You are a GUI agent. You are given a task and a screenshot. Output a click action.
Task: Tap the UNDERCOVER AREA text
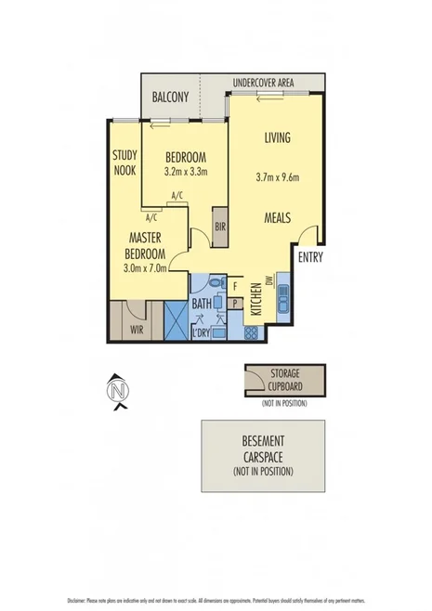(263, 83)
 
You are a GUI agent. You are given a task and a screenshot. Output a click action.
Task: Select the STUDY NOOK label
(124, 163)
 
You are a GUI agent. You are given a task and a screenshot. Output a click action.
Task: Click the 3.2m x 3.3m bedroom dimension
(185, 171)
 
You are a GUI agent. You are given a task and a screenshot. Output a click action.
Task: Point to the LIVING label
(277, 137)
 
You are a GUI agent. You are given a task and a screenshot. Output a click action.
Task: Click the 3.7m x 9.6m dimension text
(277, 177)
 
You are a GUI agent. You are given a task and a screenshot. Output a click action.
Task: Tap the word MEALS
(277, 218)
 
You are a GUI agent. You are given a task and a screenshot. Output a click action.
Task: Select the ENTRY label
(310, 257)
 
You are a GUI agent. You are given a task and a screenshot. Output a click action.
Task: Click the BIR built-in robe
(220, 226)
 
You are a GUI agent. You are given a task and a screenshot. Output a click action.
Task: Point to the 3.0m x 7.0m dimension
(147, 268)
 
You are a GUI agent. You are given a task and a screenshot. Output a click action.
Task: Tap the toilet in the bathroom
(216, 283)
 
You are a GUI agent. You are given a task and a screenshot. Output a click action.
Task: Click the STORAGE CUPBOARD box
(285, 379)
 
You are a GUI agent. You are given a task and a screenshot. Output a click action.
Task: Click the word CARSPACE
(264, 456)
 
